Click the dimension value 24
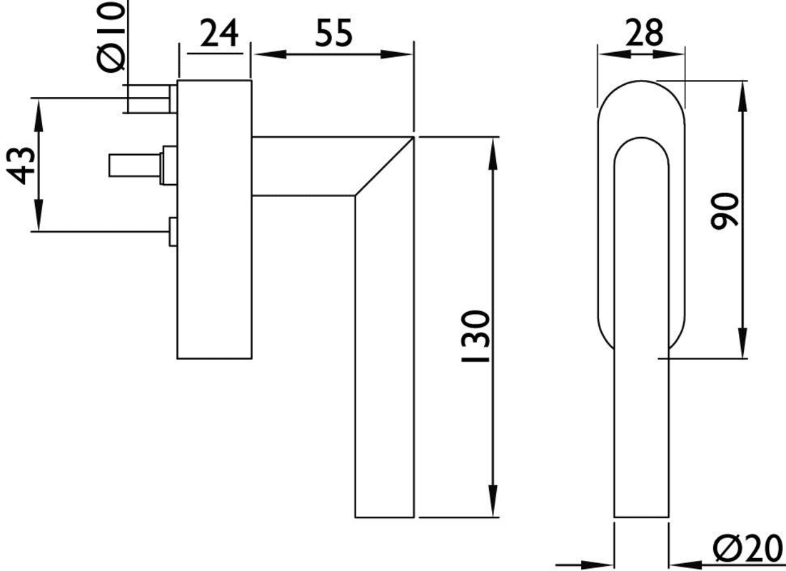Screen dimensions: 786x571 pos(218,34)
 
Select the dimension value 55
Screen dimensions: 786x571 pos(334,33)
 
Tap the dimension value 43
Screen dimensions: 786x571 pos(23,166)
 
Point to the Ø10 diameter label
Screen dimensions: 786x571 pos(111,36)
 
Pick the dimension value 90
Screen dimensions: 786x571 pos(725,211)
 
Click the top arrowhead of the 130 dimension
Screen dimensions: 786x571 pos(493,153)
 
